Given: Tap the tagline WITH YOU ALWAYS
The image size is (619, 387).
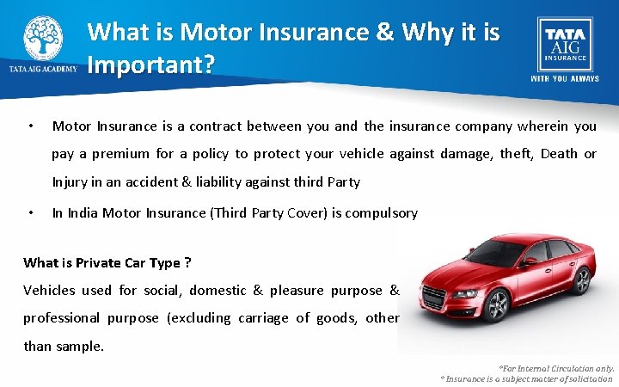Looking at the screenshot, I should (564, 78).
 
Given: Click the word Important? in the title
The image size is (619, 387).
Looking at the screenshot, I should (150, 66).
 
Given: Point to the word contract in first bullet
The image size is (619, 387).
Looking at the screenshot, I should (210, 126).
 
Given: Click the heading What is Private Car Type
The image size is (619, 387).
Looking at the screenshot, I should (107, 263).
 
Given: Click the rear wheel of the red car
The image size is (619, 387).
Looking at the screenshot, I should (582, 280).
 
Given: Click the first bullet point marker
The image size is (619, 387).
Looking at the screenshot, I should (30, 127).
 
